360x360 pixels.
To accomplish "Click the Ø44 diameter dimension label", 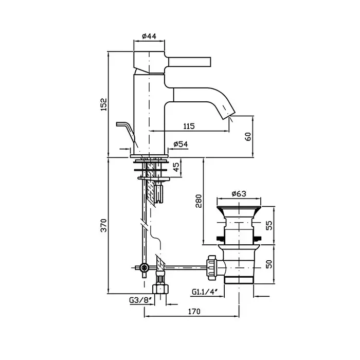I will tap(149, 37).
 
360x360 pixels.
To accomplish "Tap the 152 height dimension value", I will tap(103, 104).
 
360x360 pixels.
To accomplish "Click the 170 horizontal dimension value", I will tap(193, 311).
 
